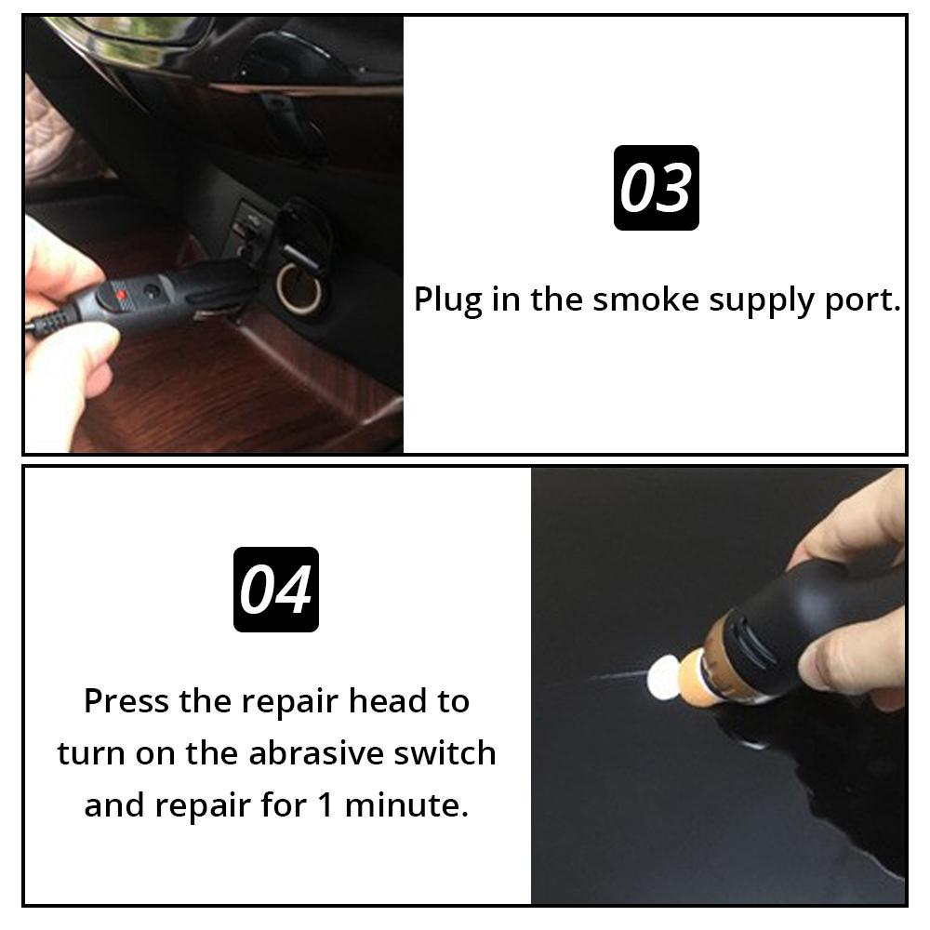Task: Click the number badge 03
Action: [x=656, y=188]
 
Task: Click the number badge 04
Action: [x=275, y=590]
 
